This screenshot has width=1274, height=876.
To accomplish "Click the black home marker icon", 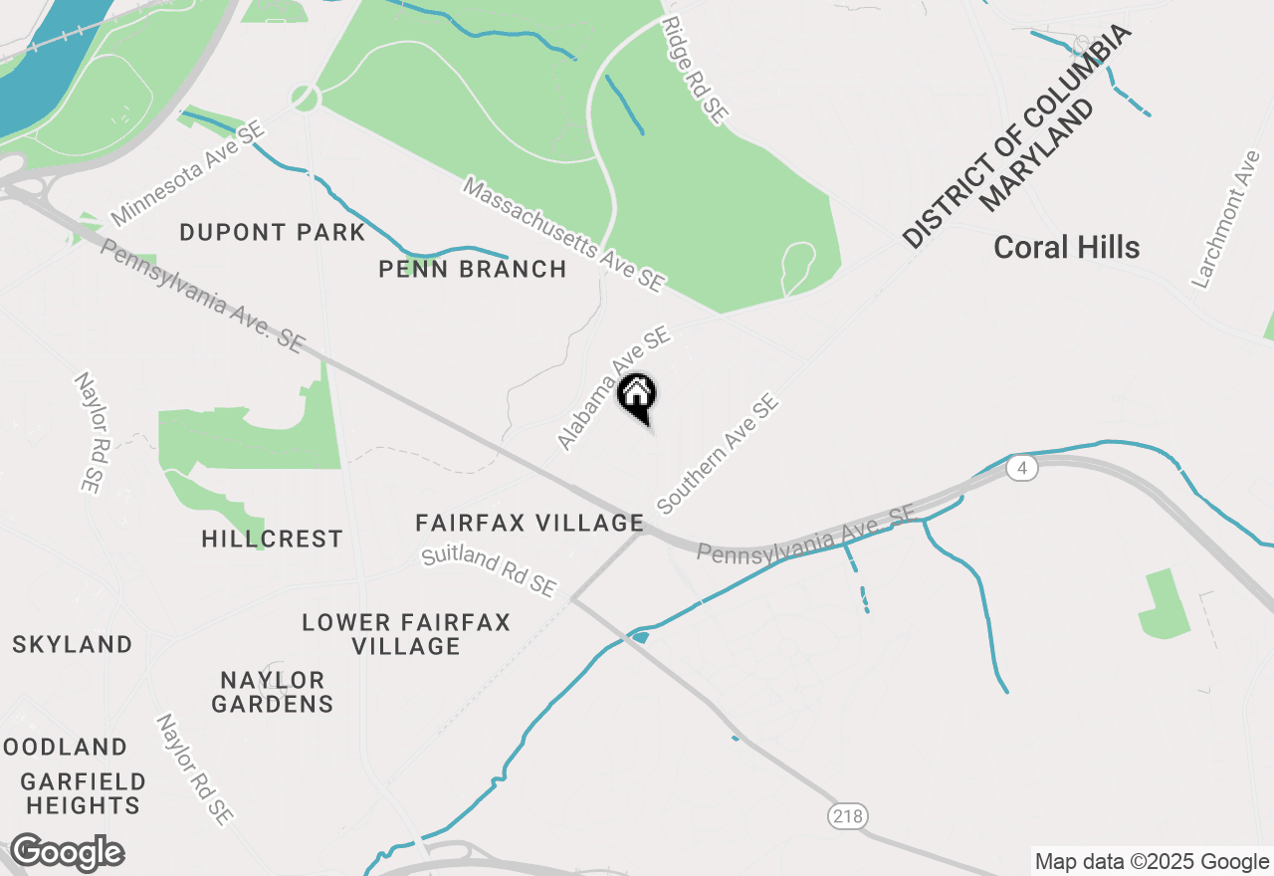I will [x=637, y=396].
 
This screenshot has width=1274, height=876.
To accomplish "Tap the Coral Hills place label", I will [x=1066, y=248].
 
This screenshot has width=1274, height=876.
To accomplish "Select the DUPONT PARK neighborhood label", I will [x=273, y=233].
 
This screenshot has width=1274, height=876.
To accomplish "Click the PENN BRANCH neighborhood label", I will [x=473, y=269].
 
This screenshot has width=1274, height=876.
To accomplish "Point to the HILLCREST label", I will [x=272, y=539].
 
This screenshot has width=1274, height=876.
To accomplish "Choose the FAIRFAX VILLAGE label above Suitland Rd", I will [x=530, y=523].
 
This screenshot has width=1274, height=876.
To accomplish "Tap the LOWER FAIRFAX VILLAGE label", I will [x=406, y=634].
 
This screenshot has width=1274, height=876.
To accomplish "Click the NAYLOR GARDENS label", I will [x=272, y=692].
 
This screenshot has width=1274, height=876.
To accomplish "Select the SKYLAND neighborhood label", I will [x=73, y=644].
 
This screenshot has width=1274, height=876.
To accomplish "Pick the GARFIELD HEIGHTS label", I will [x=84, y=792].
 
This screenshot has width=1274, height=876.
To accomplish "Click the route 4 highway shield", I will [x=1021, y=468].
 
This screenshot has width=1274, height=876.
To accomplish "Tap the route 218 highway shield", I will [x=847, y=816].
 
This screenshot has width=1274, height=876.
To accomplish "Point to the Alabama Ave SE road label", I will [x=613, y=389].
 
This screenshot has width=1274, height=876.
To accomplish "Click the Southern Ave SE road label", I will [x=718, y=454].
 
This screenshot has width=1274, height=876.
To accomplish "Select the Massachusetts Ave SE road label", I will [x=563, y=235].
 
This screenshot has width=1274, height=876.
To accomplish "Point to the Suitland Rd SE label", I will [x=489, y=571].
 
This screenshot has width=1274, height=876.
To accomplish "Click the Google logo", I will [x=67, y=853].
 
